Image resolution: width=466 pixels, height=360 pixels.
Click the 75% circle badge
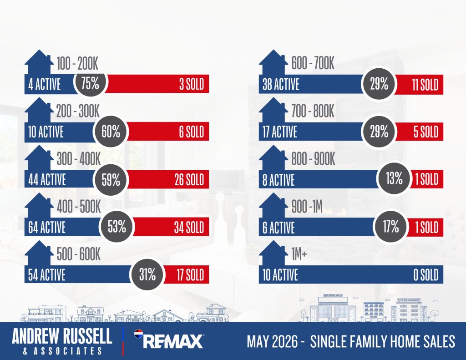[91, 83]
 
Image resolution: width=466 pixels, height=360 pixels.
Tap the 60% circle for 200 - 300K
[111, 131]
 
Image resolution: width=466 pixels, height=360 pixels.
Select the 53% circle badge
[117, 227]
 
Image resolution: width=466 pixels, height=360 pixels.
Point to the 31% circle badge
[147, 274]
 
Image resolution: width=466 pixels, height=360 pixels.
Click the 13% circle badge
[394, 178]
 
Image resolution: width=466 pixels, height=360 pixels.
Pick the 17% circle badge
[390, 227]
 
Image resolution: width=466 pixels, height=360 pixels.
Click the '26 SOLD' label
[189, 180]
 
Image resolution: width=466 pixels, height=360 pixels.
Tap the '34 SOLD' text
[189, 228]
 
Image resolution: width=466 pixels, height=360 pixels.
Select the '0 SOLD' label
[426, 275]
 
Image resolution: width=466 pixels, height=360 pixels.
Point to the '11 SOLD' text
[425, 85]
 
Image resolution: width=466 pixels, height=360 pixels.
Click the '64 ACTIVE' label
[47, 228]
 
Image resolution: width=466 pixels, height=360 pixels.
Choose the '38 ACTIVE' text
[281, 85]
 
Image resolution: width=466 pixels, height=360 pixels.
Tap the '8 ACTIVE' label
[279, 180]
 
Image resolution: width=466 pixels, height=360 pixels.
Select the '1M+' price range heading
[299, 254]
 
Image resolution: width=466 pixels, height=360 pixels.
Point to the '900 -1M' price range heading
[307, 206]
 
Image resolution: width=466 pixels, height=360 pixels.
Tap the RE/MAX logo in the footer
[169, 339]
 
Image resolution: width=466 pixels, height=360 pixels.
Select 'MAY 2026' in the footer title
[272, 341]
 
